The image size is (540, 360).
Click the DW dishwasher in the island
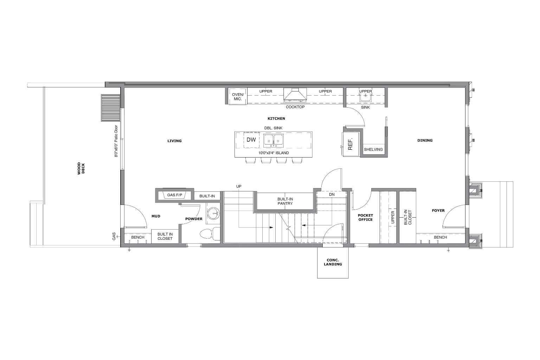[251, 140]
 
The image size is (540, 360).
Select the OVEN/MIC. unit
[238, 96]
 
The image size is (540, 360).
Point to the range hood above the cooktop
[295, 95]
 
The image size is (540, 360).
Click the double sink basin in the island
[274, 140]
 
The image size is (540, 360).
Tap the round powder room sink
[213, 213]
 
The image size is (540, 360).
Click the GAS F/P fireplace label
[174, 195]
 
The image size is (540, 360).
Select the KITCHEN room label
[276, 118]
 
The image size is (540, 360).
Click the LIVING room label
[174, 141]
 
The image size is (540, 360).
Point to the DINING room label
[425, 140]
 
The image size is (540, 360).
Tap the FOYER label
[438, 211]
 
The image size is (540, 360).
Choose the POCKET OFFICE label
[365, 217]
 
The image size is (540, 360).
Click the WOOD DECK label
[81, 168]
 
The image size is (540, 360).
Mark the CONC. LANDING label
[333, 262]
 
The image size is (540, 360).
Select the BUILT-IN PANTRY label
[285, 201]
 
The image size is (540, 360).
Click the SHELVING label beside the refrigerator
[373, 149]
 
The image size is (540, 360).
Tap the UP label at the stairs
[239, 186]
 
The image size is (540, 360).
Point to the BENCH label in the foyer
[440, 237]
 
